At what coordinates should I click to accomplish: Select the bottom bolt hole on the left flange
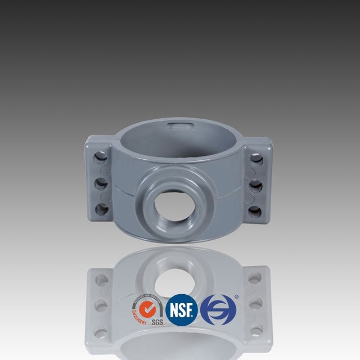pyautogui.click(x=102, y=210)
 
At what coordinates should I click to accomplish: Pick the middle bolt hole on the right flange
pyautogui.click(x=256, y=185)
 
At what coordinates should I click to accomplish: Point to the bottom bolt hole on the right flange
pyautogui.click(x=255, y=211)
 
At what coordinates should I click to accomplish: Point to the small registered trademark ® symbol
pyautogui.click(x=237, y=296)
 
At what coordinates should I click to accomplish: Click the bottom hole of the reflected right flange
pyautogui.click(x=255, y=330)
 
